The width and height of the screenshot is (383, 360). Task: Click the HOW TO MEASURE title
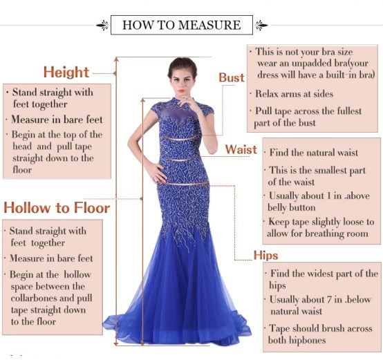[181, 26]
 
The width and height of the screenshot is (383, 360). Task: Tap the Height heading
[66, 72]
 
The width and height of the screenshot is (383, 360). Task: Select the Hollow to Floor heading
[56, 207]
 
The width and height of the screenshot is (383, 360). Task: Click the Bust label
[232, 77]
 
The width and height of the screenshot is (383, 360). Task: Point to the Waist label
[241, 150]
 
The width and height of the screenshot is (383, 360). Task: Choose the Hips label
[265, 256]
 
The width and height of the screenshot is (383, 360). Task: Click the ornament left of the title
[102, 26]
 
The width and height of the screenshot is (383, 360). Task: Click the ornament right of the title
[261, 26]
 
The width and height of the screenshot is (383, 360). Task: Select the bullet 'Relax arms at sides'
[294, 94]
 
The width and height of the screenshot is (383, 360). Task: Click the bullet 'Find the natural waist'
[313, 153]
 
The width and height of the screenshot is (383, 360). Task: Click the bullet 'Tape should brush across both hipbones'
[319, 334]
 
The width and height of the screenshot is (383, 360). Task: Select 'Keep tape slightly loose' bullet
[321, 228]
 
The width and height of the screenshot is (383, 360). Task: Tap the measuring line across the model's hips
[183, 184]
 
